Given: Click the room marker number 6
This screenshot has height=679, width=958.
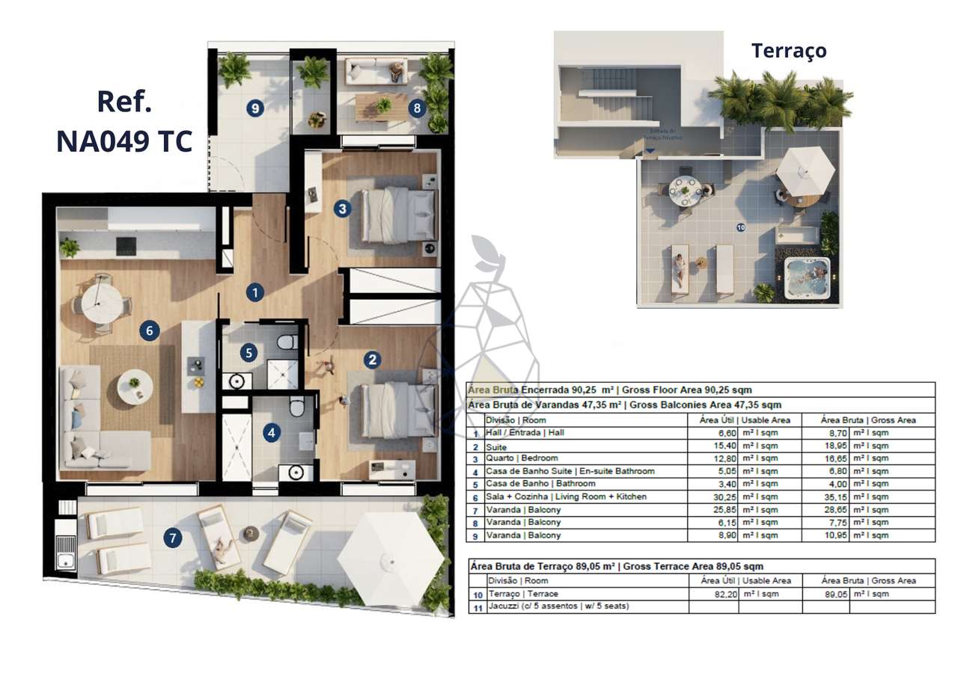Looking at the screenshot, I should coord(150,330).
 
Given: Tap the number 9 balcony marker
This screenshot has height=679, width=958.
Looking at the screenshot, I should coord(255,109).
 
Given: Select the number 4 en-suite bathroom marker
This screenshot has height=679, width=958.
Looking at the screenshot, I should coord(271,431).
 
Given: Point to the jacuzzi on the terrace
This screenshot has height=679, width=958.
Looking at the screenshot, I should coord(808,274).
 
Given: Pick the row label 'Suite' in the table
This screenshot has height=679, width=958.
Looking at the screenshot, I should coord(495,446).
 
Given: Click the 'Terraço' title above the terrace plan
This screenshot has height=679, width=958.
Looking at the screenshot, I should coord(789,51).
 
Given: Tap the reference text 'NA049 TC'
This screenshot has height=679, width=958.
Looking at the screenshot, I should coord(124,141).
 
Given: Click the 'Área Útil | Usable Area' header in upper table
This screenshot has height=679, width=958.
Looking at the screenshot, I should coord(744,420).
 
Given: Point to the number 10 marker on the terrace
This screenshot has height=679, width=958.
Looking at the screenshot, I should coord(740,227).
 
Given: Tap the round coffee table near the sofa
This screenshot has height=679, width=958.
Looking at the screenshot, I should coord(135,385).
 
